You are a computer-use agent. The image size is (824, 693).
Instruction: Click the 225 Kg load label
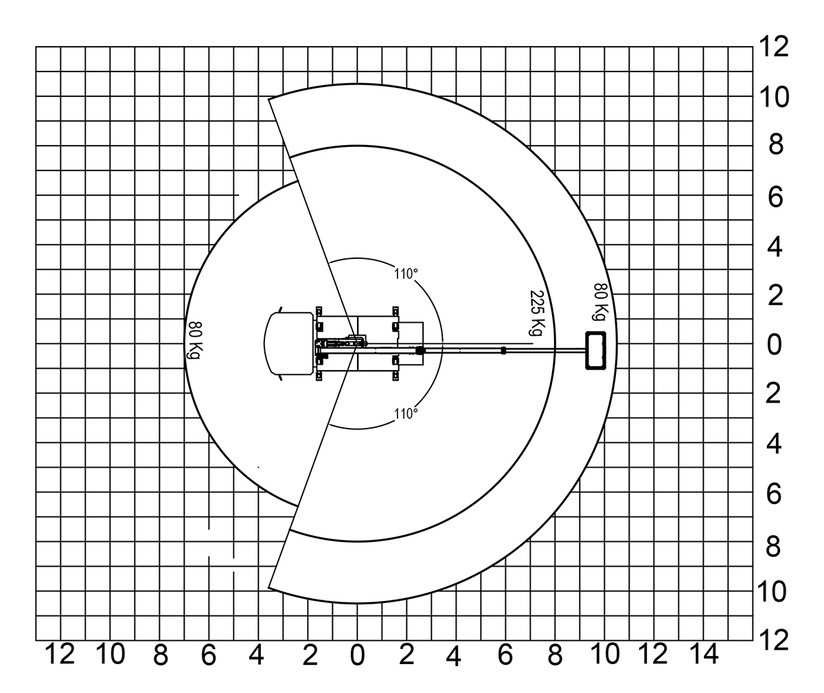pos(537,313)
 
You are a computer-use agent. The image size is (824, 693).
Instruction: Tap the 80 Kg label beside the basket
pos(601,302)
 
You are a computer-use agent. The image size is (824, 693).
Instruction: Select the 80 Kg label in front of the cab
pos(195,340)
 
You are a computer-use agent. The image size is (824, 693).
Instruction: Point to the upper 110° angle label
pos(406,273)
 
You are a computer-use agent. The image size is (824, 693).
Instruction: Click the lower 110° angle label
pos(406,413)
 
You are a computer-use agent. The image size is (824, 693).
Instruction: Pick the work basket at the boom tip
pos(595,350)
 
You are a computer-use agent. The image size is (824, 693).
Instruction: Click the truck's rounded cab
pos(289,343)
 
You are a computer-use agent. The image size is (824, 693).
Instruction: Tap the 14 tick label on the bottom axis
pos(704,654)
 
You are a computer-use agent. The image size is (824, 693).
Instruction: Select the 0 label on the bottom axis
pos(357,655)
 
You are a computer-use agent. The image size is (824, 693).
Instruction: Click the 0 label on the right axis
pos(774,345)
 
